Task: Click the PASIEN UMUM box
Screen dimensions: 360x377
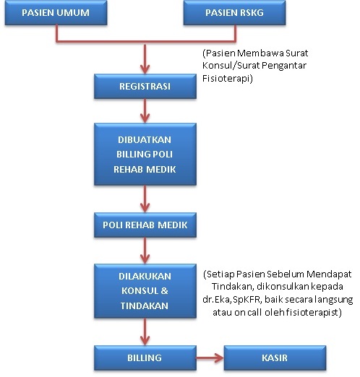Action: pos(56,12)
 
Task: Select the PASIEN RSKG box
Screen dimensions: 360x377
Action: pos(234,12)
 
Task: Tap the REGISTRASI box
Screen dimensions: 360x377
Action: pos(145,86)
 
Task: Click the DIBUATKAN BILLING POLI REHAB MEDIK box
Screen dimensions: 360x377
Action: pos(145,154)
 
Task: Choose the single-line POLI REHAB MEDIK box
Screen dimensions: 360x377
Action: pos(145,225)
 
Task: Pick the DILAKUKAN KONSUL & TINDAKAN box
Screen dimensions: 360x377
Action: pos(145,291)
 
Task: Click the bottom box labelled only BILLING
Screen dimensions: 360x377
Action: pos(145,357)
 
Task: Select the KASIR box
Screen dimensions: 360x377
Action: pos(275,357)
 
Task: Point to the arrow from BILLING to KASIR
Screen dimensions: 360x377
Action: pos(210,357)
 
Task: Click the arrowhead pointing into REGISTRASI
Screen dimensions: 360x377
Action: pos(145,69)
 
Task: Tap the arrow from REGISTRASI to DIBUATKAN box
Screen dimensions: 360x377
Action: pos(145,110)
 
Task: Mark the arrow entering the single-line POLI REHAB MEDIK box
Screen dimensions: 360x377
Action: pos(145,199)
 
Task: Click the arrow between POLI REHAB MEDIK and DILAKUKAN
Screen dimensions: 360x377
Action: pos(145,251)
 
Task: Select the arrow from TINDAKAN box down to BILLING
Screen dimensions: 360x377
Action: pos(145,331)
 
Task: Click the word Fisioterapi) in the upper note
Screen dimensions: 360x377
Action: pos(228,79)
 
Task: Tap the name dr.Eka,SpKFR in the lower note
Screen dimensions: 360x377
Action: pos(232,300)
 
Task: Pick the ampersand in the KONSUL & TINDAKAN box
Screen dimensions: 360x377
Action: pos(164,291)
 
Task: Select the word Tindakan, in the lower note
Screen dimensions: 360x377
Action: pos(233,287)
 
